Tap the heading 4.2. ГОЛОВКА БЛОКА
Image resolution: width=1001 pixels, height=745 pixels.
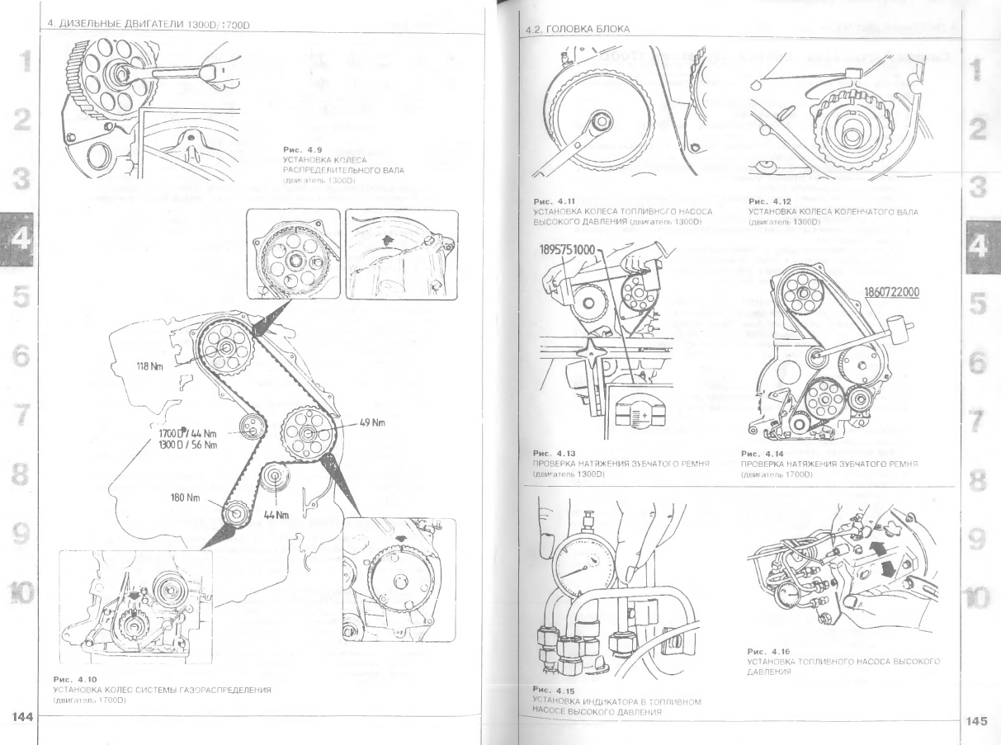click(577, 31)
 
